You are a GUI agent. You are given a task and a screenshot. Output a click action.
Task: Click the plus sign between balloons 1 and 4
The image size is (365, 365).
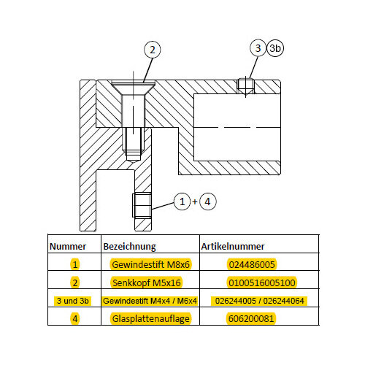[x=195, y=201]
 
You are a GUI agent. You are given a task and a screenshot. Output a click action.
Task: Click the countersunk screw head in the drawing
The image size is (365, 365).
[x=134, y=85]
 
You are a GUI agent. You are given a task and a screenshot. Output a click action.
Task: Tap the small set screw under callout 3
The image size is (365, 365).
[x=245, y=86]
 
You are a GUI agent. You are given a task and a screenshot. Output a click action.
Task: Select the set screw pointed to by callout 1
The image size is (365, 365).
[x=142, y=205]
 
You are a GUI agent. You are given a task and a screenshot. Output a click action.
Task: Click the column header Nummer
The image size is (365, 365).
[x=68, y=246]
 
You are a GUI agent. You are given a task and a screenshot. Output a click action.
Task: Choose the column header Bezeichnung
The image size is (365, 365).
[x=129, y=247]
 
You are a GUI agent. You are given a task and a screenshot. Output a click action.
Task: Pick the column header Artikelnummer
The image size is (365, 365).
[x=233, y=246]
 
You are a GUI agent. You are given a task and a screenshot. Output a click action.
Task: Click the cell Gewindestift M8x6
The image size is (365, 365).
[x=150, y=264]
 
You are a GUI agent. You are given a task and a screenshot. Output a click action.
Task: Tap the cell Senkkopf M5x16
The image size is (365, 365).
[x=147, y=283]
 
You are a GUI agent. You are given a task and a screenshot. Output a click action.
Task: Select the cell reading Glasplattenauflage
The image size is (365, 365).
[x=150, y=319]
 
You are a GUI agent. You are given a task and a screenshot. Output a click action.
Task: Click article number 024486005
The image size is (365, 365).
[x=252, y=264]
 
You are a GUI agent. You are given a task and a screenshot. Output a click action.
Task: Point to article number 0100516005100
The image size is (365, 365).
[x=262, y=283]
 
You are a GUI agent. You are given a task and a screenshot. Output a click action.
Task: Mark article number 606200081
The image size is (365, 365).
[x=251, y=319]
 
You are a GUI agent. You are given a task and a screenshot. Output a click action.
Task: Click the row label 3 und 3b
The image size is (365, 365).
[x=72, y=301]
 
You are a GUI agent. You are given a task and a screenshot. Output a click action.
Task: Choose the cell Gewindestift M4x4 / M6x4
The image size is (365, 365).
[x=150, y=301]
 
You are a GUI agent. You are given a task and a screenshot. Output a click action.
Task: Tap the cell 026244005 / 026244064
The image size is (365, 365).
[x=259, y=301]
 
